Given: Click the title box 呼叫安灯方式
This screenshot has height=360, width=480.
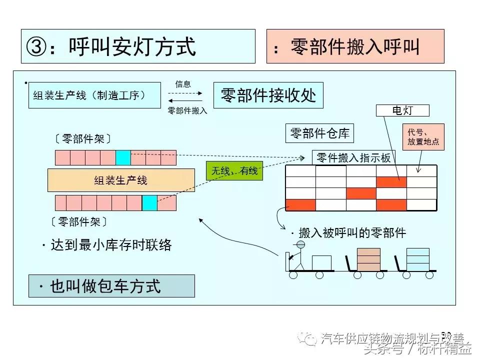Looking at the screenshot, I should (x=138, y=46).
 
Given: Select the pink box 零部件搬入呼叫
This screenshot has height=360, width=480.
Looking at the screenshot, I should (x=355, y=46).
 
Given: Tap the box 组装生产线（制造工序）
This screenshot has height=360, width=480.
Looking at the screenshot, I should (x=94, y=95).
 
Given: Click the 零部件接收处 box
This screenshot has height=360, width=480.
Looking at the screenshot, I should (x=268, y=95).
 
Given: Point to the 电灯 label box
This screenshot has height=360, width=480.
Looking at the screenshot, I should (x=402, y=110).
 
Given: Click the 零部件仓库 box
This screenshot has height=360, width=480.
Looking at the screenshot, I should (x=319, y=133).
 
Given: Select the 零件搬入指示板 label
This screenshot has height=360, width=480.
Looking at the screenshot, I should (x=353, y=157).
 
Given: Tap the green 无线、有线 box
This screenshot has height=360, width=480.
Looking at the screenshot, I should (x=234, y=171).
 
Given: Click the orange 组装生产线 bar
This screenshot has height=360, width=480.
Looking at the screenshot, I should (x=121, y=180).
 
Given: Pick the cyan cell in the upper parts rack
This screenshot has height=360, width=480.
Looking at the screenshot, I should (x=123, y=157).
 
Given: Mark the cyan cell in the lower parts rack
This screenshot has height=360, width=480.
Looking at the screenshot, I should (x=149, y=202).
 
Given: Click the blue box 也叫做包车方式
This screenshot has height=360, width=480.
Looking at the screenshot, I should (x=111, y=286).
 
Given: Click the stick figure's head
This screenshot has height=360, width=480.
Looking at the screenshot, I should (x=300, y=244).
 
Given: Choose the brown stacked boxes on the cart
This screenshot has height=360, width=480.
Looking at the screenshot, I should (x=368, y=258).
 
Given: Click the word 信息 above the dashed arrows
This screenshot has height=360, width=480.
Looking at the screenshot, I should (x=183, y=84).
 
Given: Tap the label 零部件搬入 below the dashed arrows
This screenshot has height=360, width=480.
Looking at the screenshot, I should (x=187, y=110).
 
